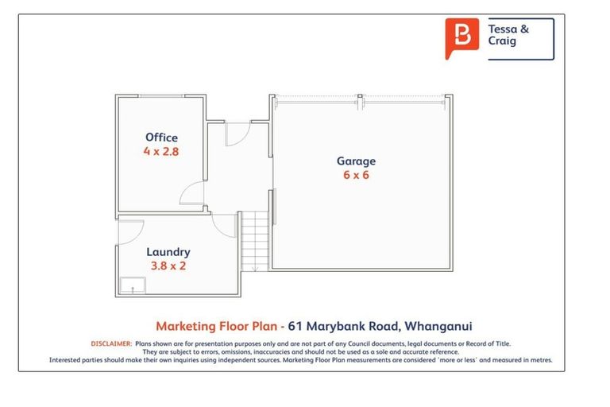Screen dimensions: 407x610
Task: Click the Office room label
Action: [161, 138]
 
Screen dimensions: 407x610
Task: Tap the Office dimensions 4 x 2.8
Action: [161, 151]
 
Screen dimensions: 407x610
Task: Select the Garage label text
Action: [356, 161]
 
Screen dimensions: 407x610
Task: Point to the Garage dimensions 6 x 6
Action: [356, 176]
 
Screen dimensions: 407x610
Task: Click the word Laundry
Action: [168, 253]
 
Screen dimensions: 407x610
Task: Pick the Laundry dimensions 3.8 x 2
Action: [168, 266]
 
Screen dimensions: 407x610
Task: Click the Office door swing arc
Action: [191, 192]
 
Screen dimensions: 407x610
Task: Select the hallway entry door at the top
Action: [237, 135]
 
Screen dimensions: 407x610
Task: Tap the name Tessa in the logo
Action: [501, 29]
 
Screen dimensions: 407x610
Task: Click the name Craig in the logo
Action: [502, 42]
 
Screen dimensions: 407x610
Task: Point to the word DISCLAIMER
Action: [111, 343]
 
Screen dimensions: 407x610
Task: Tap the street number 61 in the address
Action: [295, 326]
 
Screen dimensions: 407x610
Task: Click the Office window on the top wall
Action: [162, 96]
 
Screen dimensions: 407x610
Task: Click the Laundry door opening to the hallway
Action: [224, 223]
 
